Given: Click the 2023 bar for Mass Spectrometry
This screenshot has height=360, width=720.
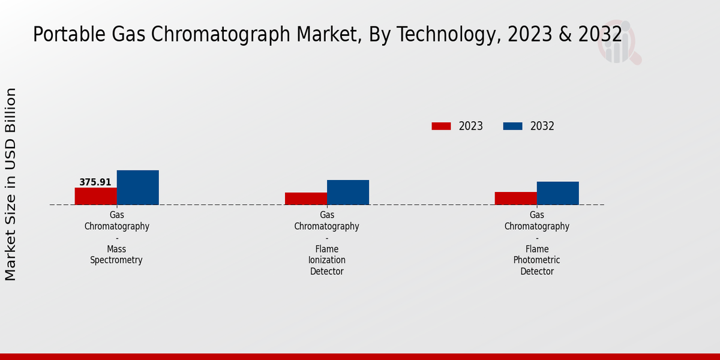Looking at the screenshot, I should coord(95,196).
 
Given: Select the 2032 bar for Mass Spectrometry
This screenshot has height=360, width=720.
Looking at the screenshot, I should coord(137,187).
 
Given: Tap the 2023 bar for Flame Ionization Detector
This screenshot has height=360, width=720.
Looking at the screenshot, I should coord(305,199).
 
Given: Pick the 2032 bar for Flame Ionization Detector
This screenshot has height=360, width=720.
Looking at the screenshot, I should coord(347,192).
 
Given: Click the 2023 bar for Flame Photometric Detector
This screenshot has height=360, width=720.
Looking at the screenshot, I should coord(515,198).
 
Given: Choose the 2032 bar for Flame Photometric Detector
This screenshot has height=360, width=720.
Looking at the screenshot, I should coord(557,193).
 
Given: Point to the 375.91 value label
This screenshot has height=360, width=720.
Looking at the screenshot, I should coord(95,182).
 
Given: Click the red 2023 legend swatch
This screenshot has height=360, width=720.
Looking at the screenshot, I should coord(441,126).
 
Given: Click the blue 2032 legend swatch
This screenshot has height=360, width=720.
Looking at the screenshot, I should coord(512,126).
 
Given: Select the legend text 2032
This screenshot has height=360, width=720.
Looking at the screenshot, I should coord(542,126).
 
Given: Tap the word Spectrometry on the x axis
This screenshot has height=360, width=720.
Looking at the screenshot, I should coord(116,260).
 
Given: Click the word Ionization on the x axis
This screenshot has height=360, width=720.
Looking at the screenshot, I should coord(326,260).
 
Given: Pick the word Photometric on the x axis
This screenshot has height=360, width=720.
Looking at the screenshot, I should coord(536,260).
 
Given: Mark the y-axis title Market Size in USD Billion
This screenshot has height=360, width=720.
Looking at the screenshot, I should coord(11,184).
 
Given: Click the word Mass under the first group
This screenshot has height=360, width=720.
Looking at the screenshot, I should coord(116,249).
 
